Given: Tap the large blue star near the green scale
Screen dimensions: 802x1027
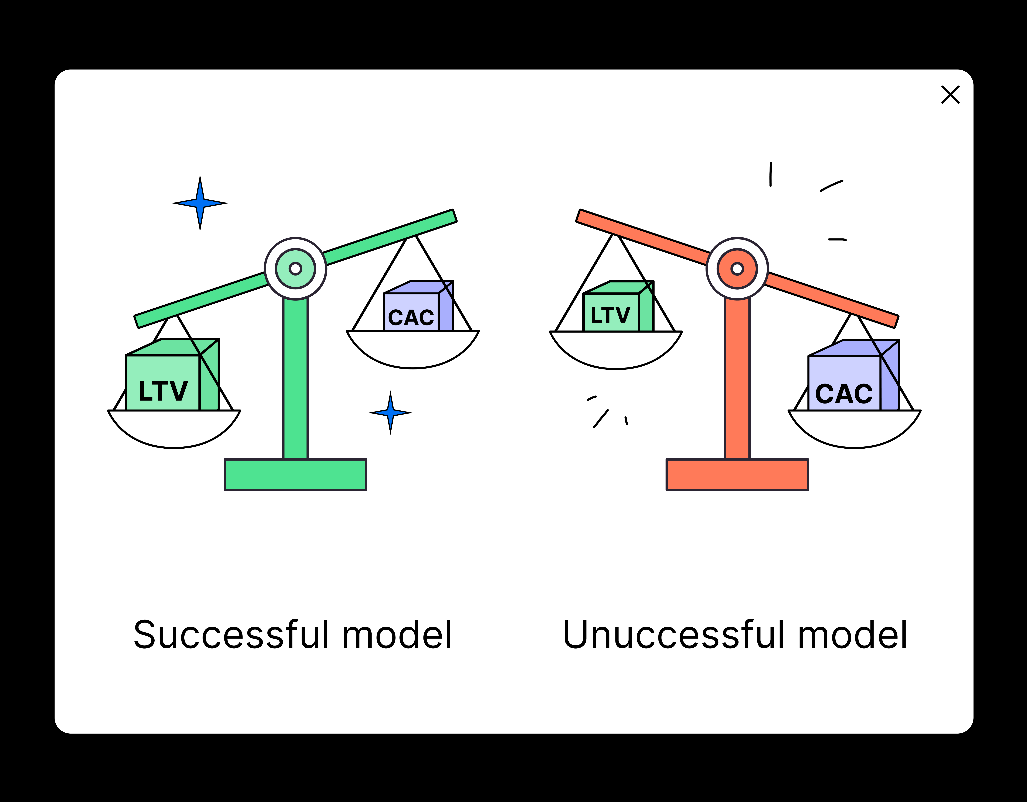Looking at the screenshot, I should click(x=200, y=203).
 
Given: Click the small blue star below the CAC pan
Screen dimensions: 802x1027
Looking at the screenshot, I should click(x=390, y=413).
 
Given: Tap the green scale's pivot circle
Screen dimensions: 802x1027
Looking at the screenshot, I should click(x=295, y=268).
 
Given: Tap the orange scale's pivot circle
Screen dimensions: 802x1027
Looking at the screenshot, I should click(x=737, y=268).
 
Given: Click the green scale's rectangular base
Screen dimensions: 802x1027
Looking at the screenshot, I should click(x=295, y=474).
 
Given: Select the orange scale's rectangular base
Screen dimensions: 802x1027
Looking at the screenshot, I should click(x=737, y=474).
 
